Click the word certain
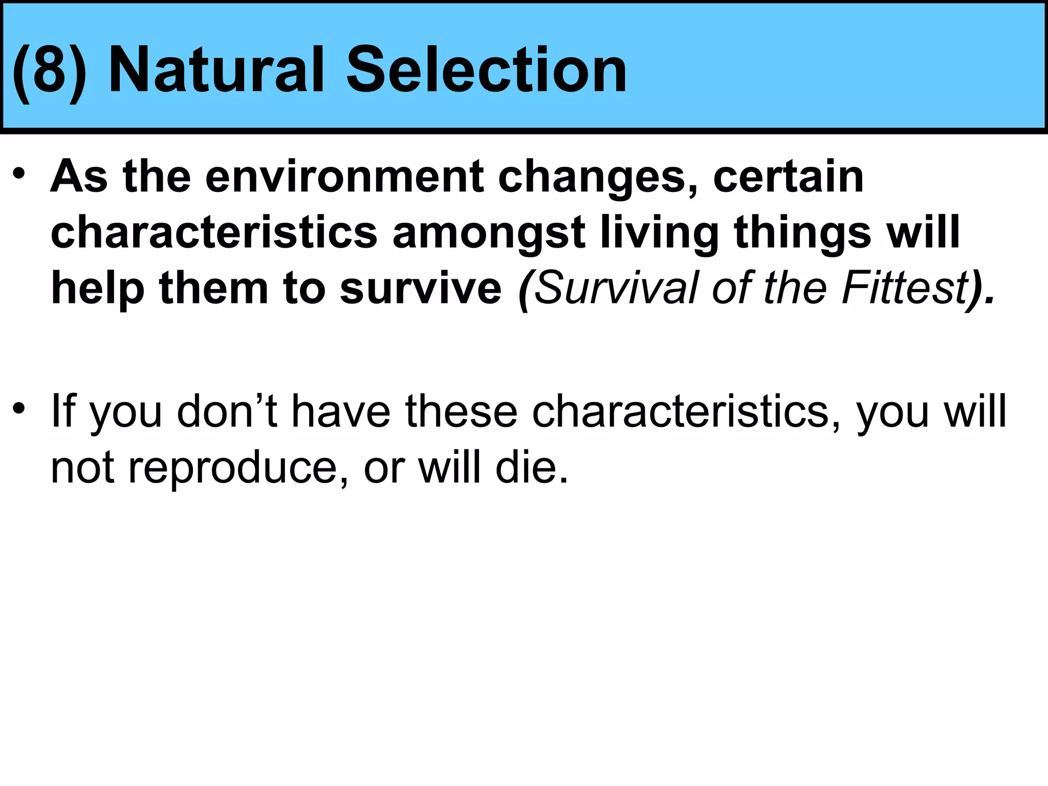[x=788, y=177]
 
